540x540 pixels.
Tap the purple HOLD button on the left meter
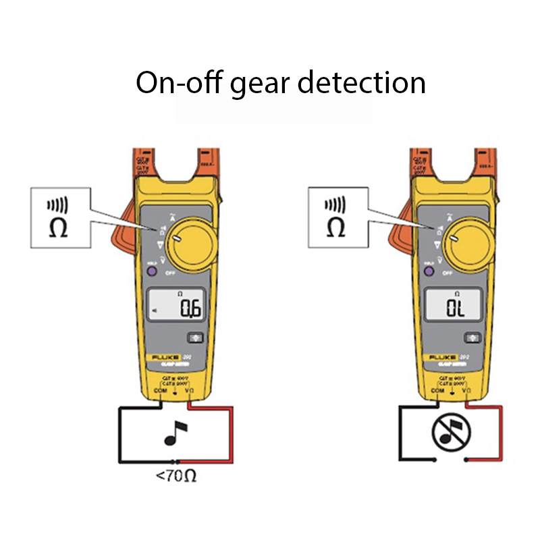152,271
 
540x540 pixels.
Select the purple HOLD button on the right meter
428,271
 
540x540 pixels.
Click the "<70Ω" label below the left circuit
176,477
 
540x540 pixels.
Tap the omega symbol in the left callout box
59,227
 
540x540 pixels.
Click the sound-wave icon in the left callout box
58,204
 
